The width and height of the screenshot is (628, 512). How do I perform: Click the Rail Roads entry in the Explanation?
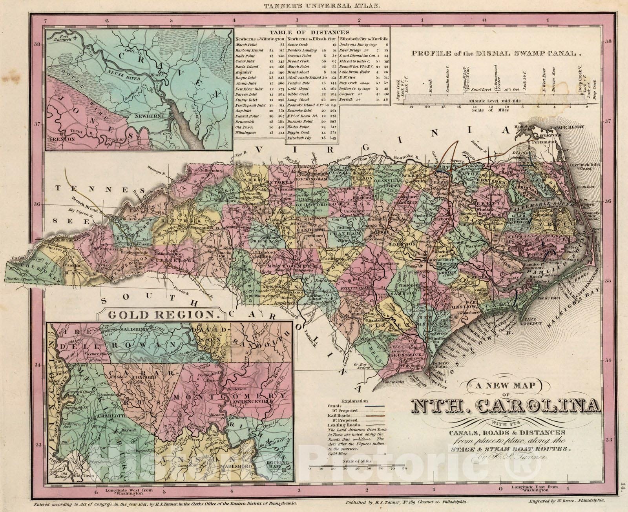click(x=340, y=415)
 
